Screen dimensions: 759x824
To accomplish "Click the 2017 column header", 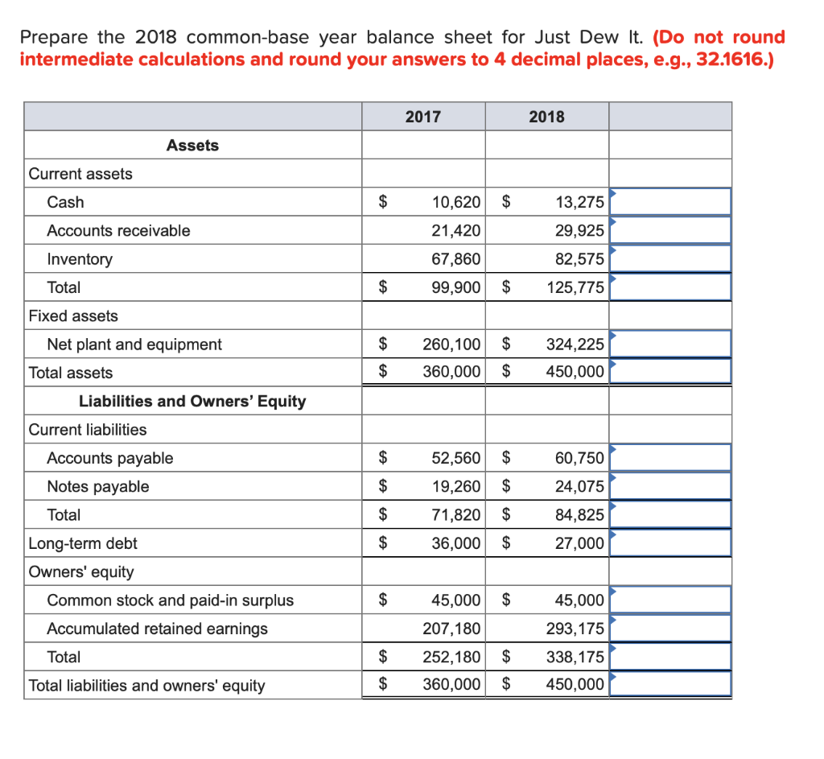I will click(x=422, y=117).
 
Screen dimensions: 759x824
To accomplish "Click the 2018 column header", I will click(x=546, y=117).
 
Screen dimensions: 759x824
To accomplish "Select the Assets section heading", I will click(x=192, y=145).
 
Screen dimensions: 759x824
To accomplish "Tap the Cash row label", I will click(x=65, y=202).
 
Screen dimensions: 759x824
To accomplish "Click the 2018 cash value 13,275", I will click(x=579, y=202).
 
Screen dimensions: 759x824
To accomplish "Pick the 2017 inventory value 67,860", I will click(x=456, y=259).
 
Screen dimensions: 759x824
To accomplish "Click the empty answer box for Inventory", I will click(x=670, y=259).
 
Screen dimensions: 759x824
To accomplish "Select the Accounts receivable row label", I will click(x=118, y=231).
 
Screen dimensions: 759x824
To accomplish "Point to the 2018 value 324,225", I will click(x=575, y=344).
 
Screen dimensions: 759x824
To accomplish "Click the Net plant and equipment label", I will click(x=134, y=344).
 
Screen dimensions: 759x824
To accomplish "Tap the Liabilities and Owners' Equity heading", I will click(x=192, y=401).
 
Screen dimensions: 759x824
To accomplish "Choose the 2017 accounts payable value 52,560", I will click(x=456, y=458).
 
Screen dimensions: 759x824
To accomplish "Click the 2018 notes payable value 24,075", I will click(x=579, y=487).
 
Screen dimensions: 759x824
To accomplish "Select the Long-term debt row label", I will click(x=83, y=543).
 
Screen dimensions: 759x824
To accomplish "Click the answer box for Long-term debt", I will click(x=670, y=543).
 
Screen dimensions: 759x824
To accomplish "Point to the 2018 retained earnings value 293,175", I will click(x=575, y=629).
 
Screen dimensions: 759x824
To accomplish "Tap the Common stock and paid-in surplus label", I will click(x=171, y=600).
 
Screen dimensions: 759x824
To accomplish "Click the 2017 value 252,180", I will click(x=452, y=657).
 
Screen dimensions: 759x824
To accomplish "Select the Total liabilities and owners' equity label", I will click(x=146, y=686).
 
